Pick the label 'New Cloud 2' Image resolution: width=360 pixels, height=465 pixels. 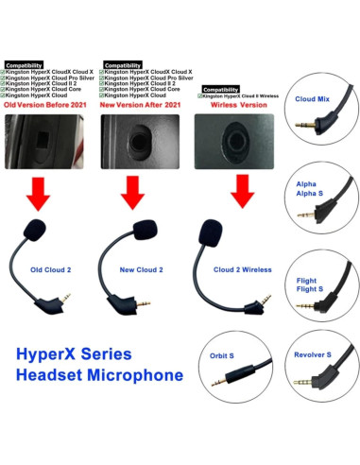(141, 269)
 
